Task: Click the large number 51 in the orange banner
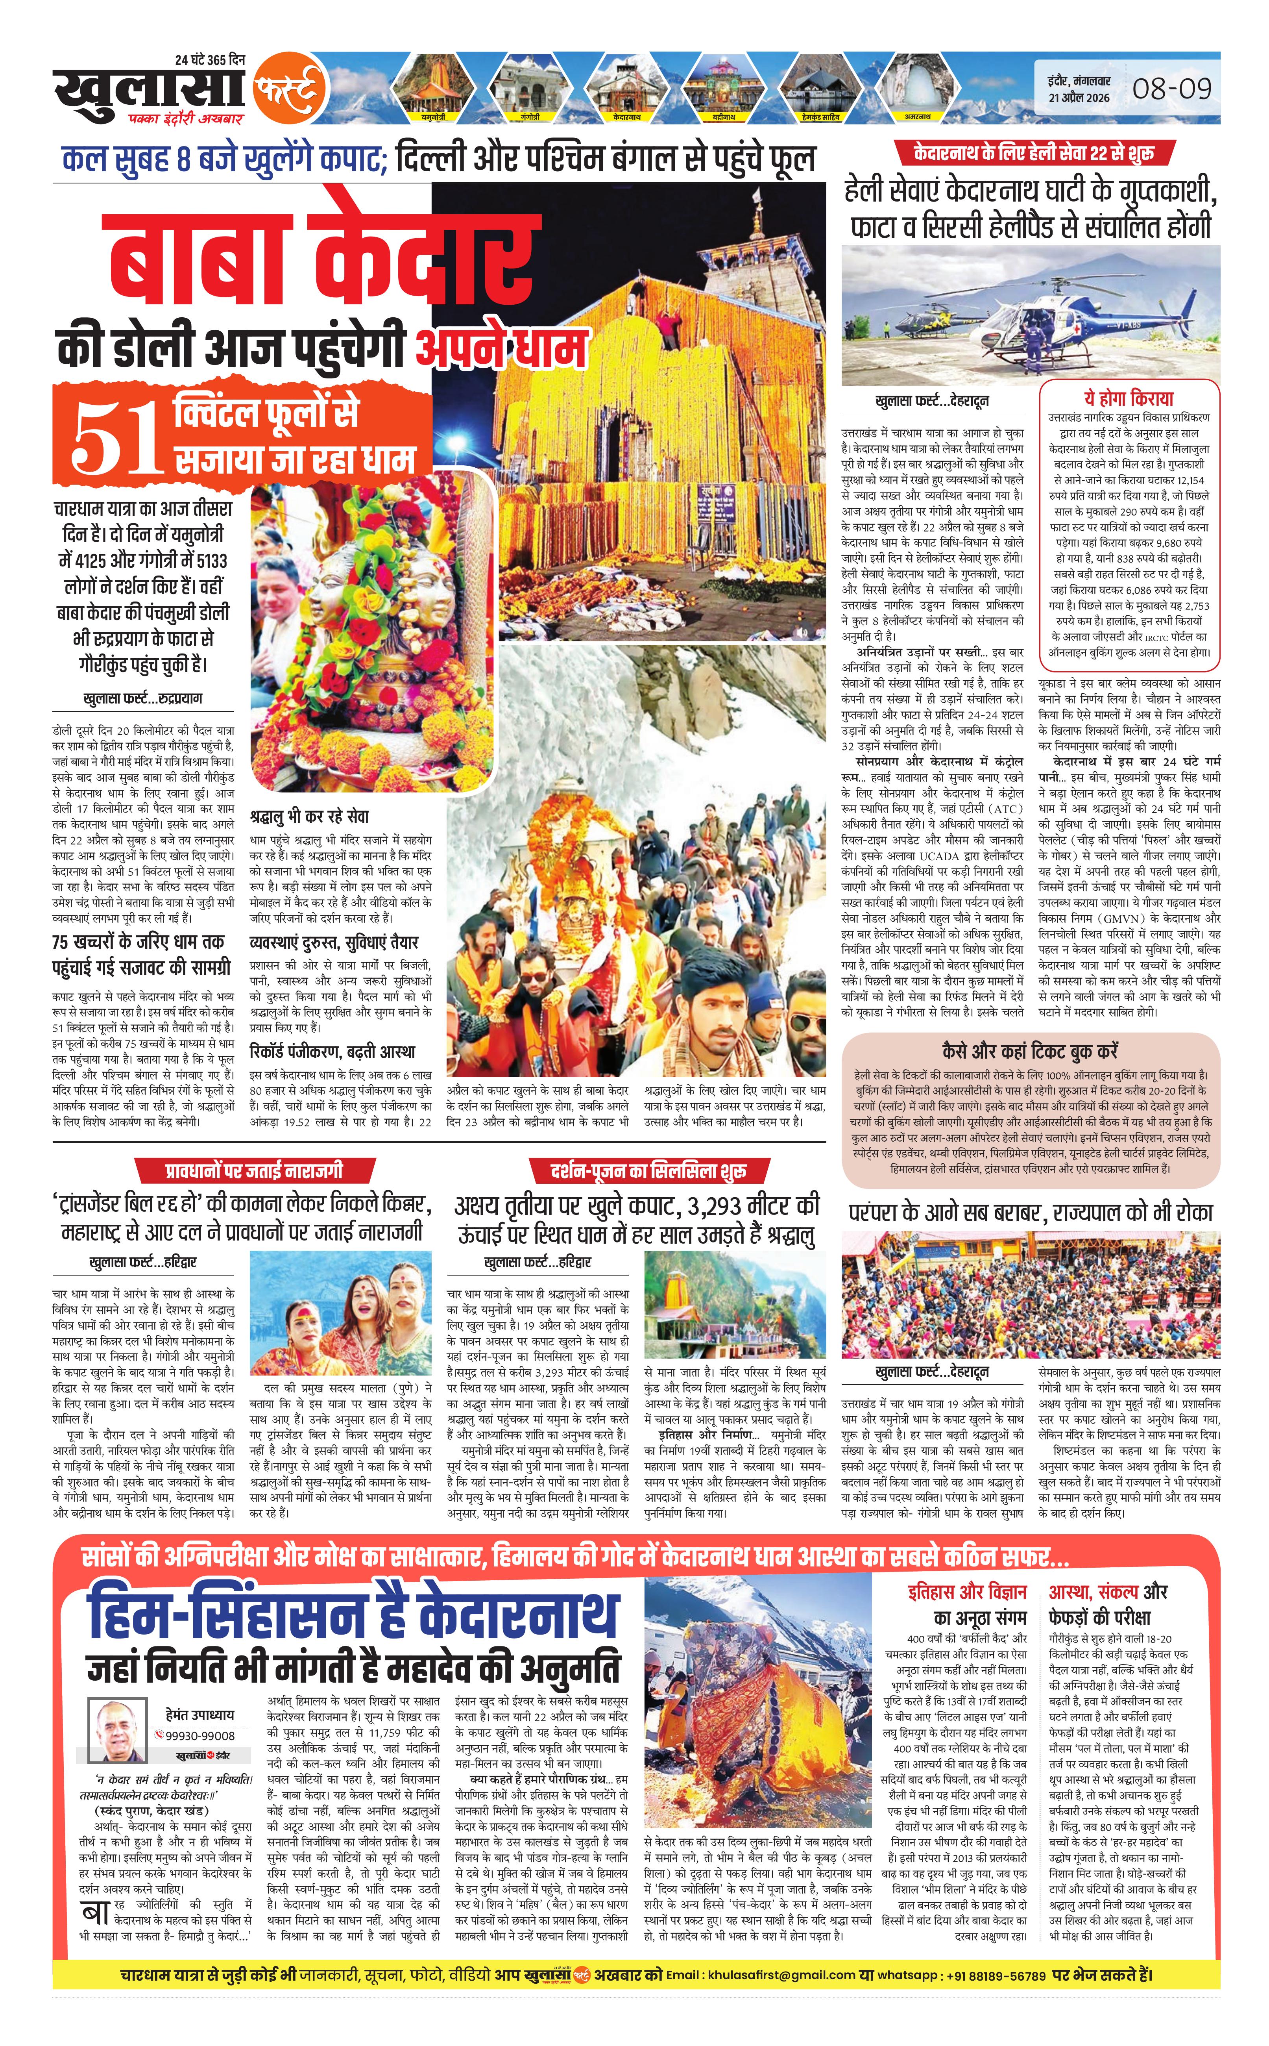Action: (x=115, y=437)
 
